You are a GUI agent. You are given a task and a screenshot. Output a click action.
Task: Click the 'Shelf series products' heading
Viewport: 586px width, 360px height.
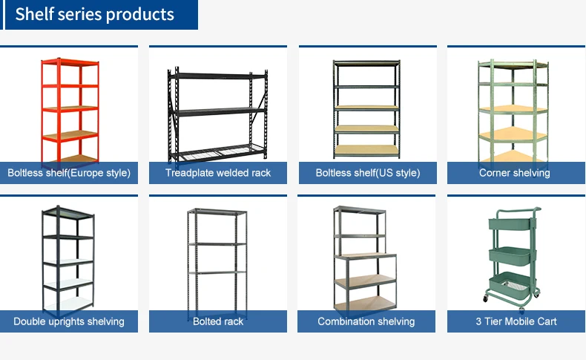tap(95, 14)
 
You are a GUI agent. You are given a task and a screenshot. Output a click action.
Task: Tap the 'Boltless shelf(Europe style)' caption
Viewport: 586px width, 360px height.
tap(69, 173)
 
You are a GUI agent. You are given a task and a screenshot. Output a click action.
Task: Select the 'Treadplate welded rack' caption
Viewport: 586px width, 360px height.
tap(218, 173)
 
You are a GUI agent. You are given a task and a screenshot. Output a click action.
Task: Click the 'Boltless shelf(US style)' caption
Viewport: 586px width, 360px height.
tap(367, 173)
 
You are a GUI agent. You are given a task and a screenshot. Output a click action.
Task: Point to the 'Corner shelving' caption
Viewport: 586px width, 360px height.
tap(515, 173)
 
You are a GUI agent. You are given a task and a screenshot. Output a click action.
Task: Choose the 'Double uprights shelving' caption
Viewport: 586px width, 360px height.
tap(69, 321)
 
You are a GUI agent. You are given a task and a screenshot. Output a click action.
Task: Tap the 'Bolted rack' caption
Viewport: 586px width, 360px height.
tap(218, 321)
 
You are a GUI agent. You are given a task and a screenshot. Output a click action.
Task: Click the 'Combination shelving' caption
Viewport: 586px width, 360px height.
tap(366, 321)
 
